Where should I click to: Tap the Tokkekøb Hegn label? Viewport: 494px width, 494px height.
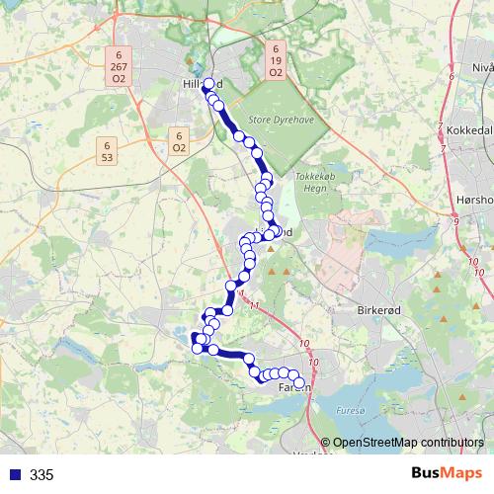point(316,183)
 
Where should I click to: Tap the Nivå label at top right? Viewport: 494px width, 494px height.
point(482,67)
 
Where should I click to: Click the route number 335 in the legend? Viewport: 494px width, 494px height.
point(41,475)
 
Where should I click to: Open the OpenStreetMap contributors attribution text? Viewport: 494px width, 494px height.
point(410,442)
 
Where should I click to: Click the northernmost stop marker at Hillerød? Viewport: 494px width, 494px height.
point(207,84)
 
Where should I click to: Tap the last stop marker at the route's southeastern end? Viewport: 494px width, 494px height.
point(299,383)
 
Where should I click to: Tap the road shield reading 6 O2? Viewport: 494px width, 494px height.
point(178,141)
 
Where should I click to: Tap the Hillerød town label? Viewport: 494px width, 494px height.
point(196,86)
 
